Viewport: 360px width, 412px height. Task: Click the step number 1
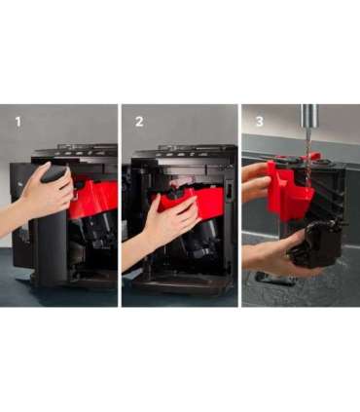[18, 122]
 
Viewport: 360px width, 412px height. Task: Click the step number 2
[139, 122]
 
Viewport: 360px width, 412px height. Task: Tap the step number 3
[260, 122]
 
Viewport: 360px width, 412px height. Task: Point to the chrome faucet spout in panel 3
[309, 116]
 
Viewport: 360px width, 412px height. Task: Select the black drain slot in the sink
[274, 280]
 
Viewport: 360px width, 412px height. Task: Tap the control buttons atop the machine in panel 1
[86, 151]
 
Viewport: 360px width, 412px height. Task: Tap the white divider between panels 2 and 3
[239, 206]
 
